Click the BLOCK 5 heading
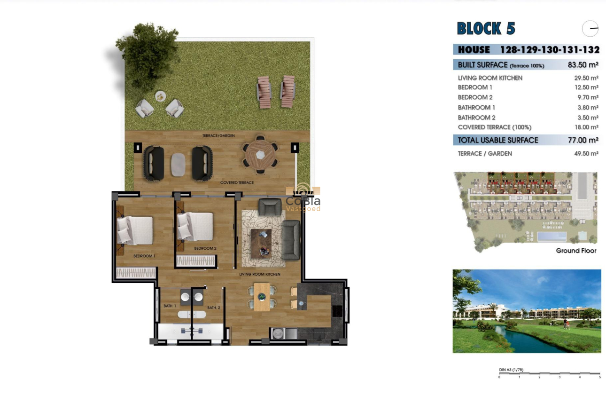(x=486, y=29)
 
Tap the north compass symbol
(x=590, y=29)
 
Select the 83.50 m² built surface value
(x=583, y=65)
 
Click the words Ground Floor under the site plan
(x=576, y=251)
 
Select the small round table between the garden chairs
(x=160, y=96)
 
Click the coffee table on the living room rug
(x=261, y=243)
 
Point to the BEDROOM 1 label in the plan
(x=144, y=256)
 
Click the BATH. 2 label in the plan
(x=214, y=308)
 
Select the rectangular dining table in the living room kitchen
(x=262, y=297)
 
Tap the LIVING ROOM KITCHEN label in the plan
(x=260, y=274)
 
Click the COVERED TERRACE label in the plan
(x=237, y=182)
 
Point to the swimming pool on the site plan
(x=551, y=236)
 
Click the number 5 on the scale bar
(x=599, y=377)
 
